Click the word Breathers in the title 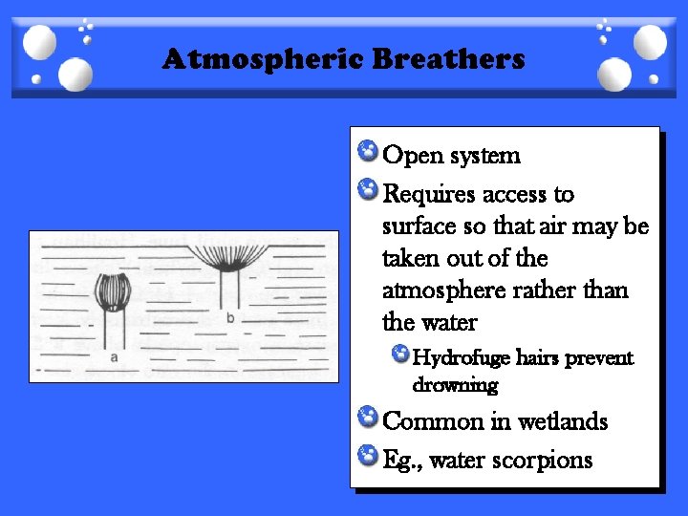tap(449, 59)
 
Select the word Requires tap(427, 195)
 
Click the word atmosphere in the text tap(439, 290)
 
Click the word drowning tap(455, 386)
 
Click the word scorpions tap(540, 461)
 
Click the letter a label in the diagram tap(114, 356)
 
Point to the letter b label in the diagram tap(229, 317)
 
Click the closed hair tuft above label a tap(113, 290)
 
